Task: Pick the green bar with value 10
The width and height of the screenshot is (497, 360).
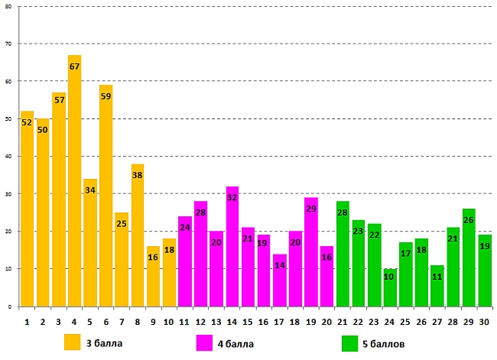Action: tap(389, 287)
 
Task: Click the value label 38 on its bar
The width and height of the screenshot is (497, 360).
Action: tap(138, 174)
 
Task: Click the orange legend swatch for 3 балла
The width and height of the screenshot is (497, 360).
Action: tap(73, 342)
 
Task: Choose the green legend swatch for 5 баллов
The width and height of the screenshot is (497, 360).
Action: tap(350, 342)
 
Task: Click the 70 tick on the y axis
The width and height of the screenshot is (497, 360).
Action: tap(8, 44)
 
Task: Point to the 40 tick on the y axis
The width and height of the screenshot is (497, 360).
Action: tap(8, 157)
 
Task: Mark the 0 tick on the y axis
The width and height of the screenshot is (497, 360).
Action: tap(10, 306)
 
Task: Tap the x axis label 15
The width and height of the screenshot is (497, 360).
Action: tap(248, 322)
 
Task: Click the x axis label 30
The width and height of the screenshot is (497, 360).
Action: tap(483, 322)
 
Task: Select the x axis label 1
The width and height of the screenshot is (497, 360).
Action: tap(28, 322)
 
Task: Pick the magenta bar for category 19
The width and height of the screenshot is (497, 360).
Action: tap(310, 252)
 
